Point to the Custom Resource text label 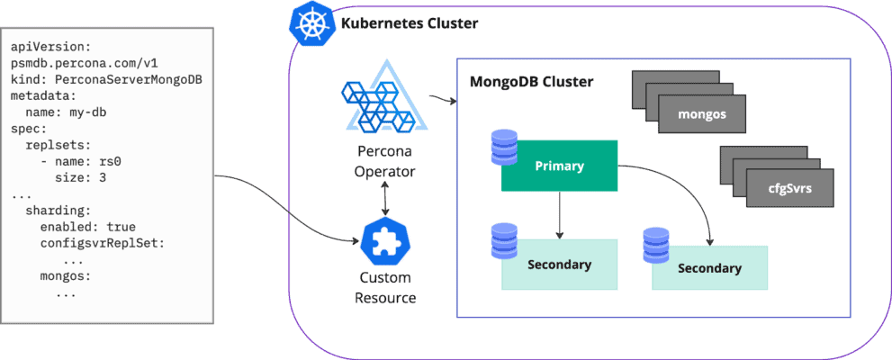pos(385,287)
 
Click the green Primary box pos(559,166)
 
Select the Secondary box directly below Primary pos(559,265)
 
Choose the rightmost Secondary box pos(709,268)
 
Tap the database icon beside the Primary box pos(504,147)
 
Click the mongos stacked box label pos(703,116)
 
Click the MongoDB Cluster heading pos(531,82)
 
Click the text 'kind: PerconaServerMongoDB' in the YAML pos(106,79)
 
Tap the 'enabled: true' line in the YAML pos(87,227)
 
